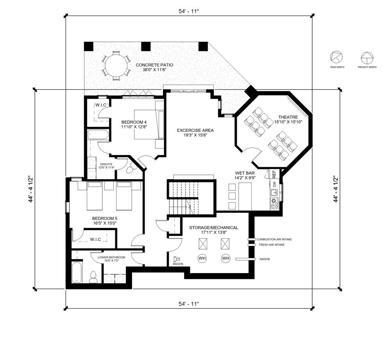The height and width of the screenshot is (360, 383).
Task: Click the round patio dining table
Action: [x=116, y=66]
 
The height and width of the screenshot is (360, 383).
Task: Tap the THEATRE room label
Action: [x=288, y=117]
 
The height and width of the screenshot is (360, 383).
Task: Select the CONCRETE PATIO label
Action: [x=154, y=65]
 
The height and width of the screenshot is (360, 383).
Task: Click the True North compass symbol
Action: [x=336, y=58]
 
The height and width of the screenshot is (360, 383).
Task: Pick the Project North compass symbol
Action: [x=367, y=58]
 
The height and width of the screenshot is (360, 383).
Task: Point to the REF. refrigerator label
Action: [x=274, y=173]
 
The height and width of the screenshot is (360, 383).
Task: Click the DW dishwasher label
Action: [x=274, y=184]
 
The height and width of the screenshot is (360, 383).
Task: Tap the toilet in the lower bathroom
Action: [x=93, y=277]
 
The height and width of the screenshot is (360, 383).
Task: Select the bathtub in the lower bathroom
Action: [x=77, y=272]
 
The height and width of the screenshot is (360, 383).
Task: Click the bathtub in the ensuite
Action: [x=98, y=135]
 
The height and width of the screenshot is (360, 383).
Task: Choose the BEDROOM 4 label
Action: [x=134, y=122]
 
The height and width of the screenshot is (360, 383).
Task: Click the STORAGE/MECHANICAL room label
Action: [x=214, y=228]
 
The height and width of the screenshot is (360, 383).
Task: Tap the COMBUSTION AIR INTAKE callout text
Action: [x=274, y=239]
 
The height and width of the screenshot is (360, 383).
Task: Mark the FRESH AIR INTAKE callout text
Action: [x=272, y=245]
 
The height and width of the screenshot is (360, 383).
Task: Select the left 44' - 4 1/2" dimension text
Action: [x=30, y=189]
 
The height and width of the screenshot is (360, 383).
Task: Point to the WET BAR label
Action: [x=245, y=173]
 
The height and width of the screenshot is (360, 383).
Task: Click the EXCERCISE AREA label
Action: [x=195, y=130]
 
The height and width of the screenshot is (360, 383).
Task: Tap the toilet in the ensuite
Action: [x=130, y=169]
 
